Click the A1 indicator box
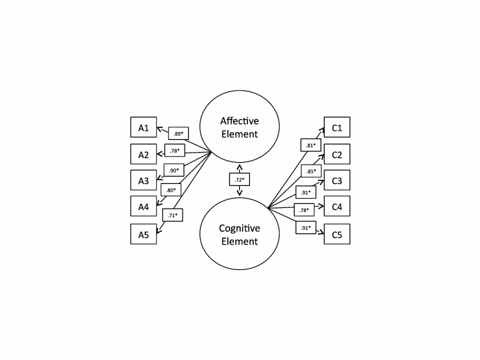coord(143,127)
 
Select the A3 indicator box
coord(143,180)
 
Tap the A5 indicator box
coord(143,234)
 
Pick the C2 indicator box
coord(337,154)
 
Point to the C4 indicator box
coord(337,206)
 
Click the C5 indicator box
coord(337,234)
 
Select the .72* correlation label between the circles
coord(240,179)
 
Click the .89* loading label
coord(179,133)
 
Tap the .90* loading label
coord(174,170)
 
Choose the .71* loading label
coord(173,215)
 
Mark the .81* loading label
coord(311,145)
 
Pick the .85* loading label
coord(311,171)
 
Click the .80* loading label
coord(171,190)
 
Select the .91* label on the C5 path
coord(306,227)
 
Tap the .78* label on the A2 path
coord(175,150)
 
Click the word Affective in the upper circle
coord(239,121)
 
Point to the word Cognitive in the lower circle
coord(240,228)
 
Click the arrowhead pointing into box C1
coord(322,131)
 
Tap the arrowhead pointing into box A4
coord(159,202)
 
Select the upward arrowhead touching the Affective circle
coord(240,167)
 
